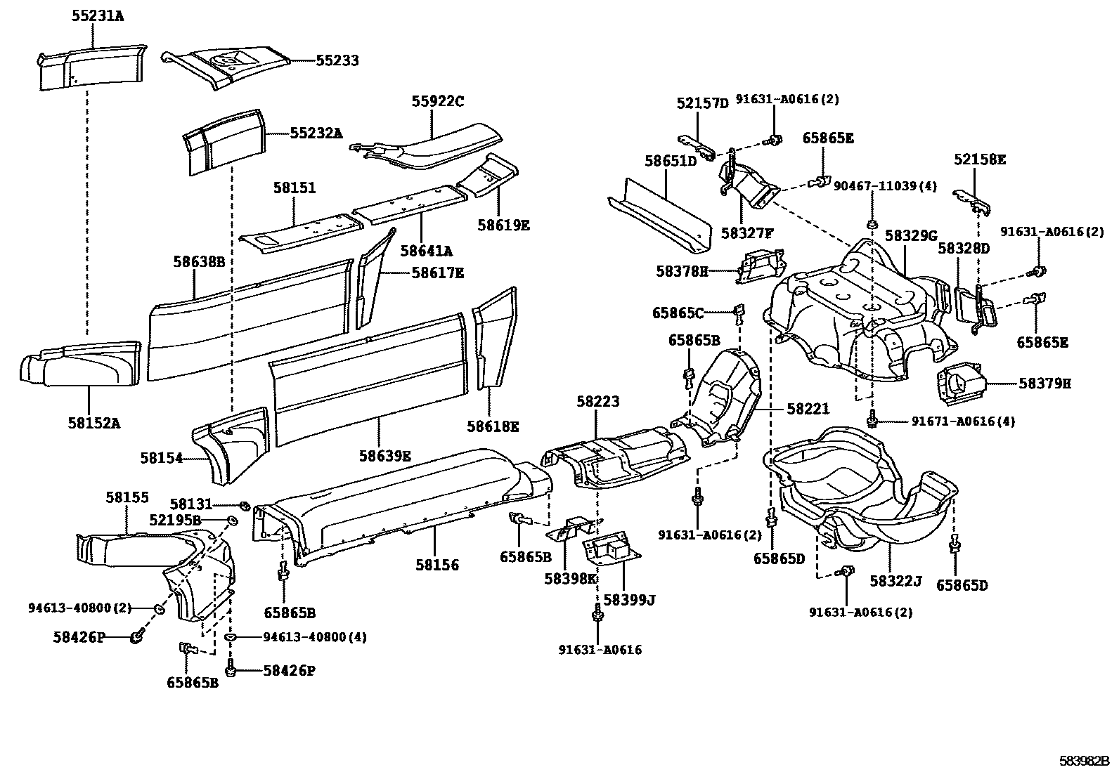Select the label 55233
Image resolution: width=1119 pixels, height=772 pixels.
337,61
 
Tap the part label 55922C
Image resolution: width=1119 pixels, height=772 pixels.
438,102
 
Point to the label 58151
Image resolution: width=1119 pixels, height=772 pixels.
295,188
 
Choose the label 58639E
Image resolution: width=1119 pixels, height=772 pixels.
384,456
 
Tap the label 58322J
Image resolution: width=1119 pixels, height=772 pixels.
895,582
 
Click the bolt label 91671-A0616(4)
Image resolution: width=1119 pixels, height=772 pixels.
963,421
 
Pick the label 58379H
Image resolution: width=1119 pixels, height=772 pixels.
1045,384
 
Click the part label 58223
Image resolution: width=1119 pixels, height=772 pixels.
598,402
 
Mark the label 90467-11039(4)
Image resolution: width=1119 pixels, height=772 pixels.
886,187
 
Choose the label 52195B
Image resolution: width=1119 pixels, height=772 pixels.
175,520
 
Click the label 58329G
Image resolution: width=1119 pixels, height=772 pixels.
911,235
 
